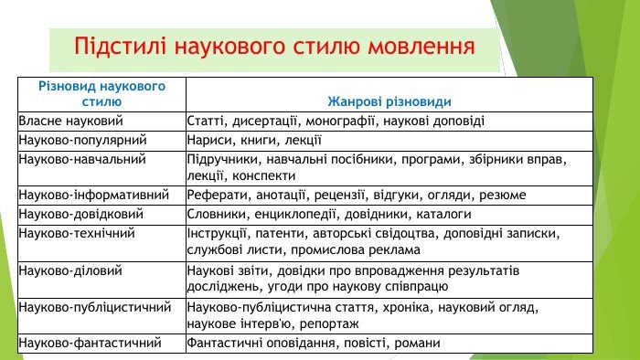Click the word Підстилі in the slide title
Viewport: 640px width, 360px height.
(120, 46)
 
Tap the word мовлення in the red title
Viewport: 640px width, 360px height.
(421, 46)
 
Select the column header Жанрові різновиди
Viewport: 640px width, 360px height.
(389, 102)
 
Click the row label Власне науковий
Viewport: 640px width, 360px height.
(70, 121)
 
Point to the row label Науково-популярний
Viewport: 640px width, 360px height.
(82, 140)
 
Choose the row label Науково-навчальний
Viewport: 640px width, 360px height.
(82, 159)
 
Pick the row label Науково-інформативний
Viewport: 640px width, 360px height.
(94, 195)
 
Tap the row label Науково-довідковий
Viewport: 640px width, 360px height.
(80, 214)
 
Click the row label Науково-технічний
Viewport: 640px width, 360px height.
(77, 233)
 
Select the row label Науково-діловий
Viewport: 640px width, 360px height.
(70, 270)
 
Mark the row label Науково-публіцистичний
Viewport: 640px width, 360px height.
(95, 307)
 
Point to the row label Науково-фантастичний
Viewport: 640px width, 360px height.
(90, 343)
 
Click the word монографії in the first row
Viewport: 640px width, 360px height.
(340, 122)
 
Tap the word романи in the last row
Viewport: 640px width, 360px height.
(417, 344)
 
